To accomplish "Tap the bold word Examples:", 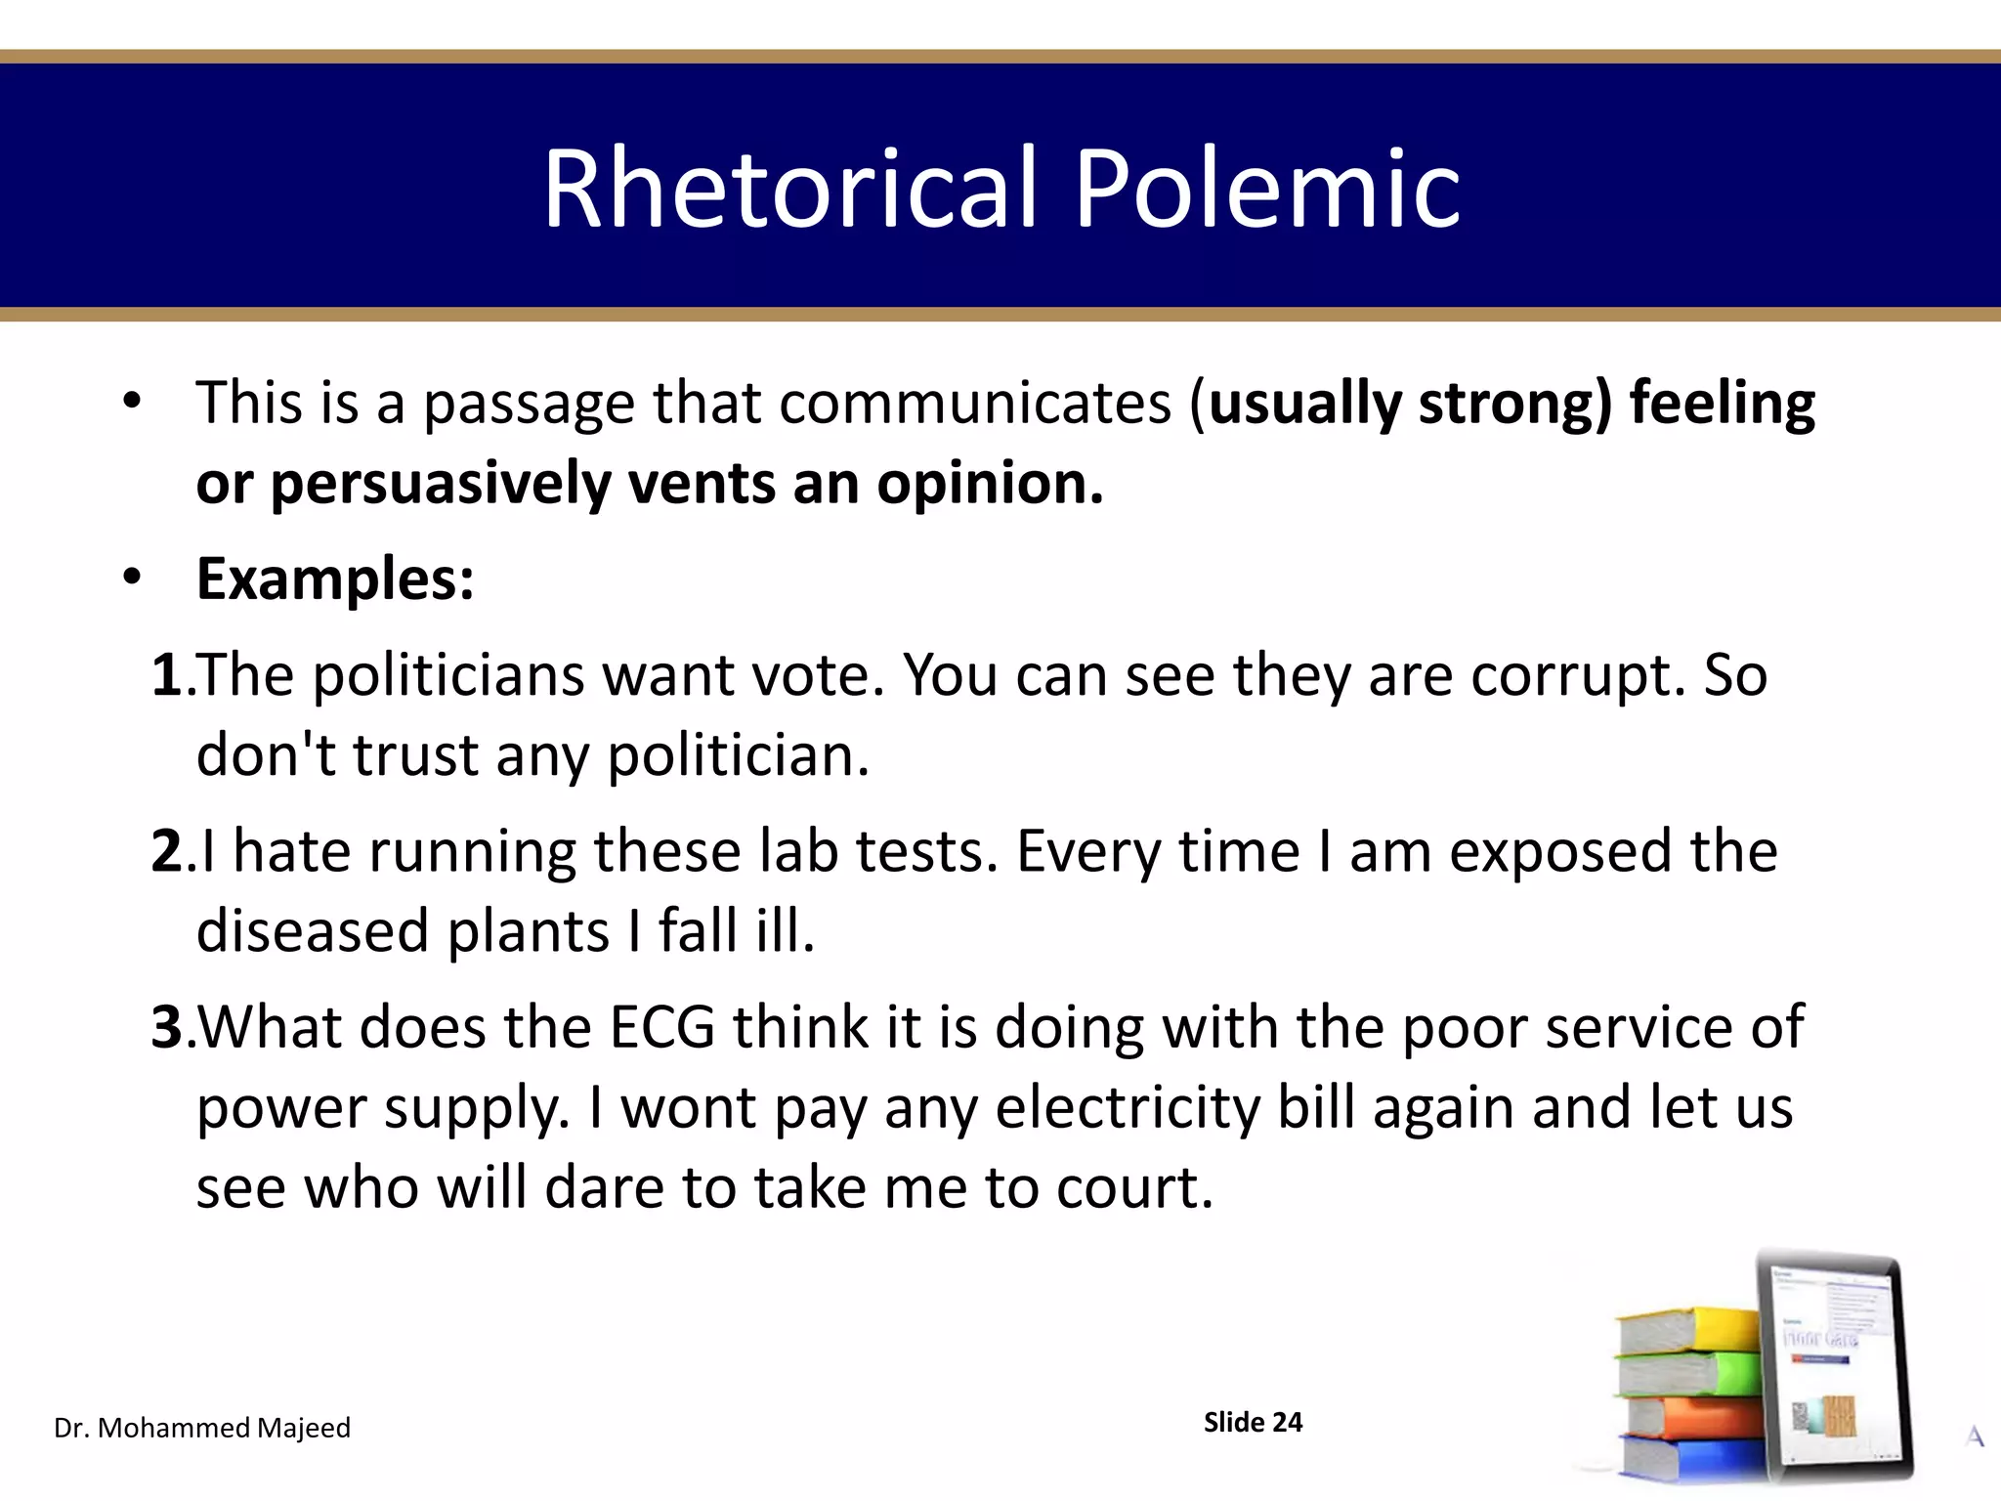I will coord(335,579).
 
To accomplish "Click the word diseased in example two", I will coord(312,930).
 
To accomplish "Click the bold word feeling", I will coord(1722,403).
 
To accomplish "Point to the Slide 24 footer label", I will coord(1253,1422).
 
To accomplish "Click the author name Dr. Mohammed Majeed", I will coord(202,1428).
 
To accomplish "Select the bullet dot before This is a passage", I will coord(133,401).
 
